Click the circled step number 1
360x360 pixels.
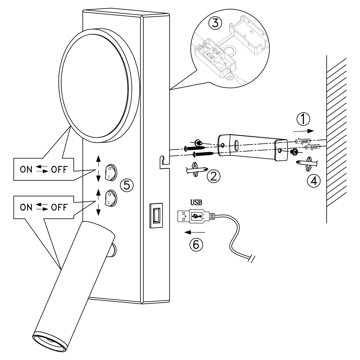pyautogui.click(x=303, y=118)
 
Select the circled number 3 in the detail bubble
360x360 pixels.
pyautogui.click(x=215, y=23)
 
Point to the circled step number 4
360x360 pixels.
pyautogui.click(x=314, y=181)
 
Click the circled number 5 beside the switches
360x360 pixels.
pyautogui.click(x=127, y=184)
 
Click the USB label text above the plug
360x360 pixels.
pyautogui.click(x=196, y=202)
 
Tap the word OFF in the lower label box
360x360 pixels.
pyautogui.click(x=59, y=207)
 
